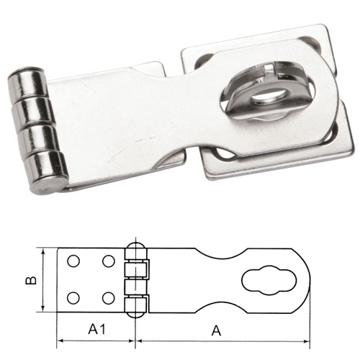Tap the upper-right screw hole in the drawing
click(109, 260)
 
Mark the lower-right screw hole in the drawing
click(109, 297)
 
